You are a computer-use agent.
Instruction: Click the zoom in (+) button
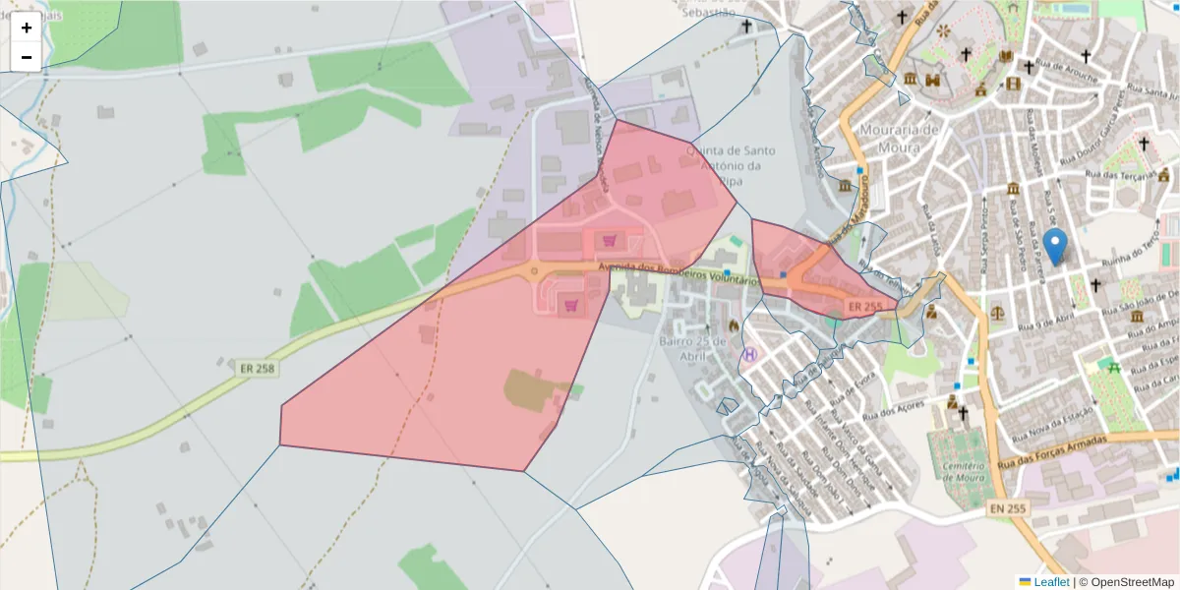[x=27, y=28]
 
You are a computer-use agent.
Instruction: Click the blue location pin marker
[x=1055, y=246]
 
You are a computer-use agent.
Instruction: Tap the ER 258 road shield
[x=257, y=369]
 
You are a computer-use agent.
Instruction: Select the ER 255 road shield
[x=864, y=307]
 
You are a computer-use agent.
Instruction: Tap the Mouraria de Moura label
[x=900, y=139]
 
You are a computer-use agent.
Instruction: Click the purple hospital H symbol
[x=751, y=353]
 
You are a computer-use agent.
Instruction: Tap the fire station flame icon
[x=734, y=325]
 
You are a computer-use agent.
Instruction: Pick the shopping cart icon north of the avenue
[x=610, y=240]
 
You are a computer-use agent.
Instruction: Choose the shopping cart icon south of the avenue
[x=571, y=306]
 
